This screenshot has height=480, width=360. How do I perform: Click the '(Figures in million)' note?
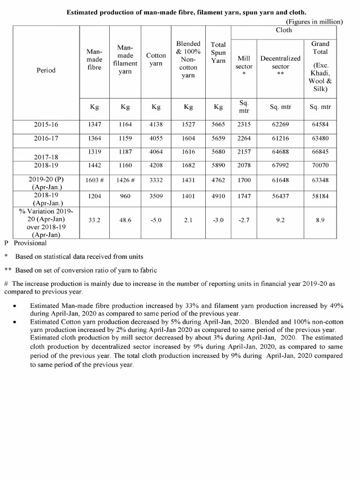315,22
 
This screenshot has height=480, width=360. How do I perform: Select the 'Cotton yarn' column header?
156,60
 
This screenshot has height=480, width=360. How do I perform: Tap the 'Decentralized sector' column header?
280,63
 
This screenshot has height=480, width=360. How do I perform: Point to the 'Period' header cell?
45,70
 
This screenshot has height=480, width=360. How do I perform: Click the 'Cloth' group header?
284,30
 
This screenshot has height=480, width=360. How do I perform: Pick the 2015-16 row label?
46,124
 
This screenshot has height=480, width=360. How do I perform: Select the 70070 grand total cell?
321,165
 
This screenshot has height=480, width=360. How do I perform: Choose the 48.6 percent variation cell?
125,219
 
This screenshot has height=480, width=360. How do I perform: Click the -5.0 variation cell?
156,219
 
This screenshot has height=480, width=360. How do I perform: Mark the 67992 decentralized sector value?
280,165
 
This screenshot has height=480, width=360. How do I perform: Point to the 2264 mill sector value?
244,138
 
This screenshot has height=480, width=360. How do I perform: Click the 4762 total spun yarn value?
218,180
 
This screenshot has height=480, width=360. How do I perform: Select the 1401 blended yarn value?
188,197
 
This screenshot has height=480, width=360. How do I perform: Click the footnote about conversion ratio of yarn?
82,270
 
